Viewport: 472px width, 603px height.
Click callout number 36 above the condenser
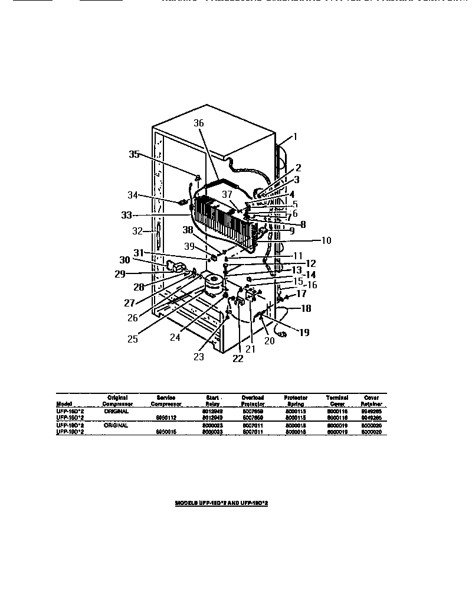(199, 123)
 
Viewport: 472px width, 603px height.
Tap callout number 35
(135, 155)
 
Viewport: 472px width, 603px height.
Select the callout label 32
(138, 231)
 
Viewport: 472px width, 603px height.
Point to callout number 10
(326, 240)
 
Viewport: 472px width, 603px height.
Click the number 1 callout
(296, 136)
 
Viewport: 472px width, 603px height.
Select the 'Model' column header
(63, 404)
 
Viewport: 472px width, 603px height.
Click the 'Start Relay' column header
(213, 401)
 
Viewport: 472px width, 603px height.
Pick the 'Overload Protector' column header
(253, 401)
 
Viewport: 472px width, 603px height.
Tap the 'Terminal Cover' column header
(337, 401)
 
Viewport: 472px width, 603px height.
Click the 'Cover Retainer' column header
(372, 401)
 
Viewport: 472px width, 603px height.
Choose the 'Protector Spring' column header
(296, 401)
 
